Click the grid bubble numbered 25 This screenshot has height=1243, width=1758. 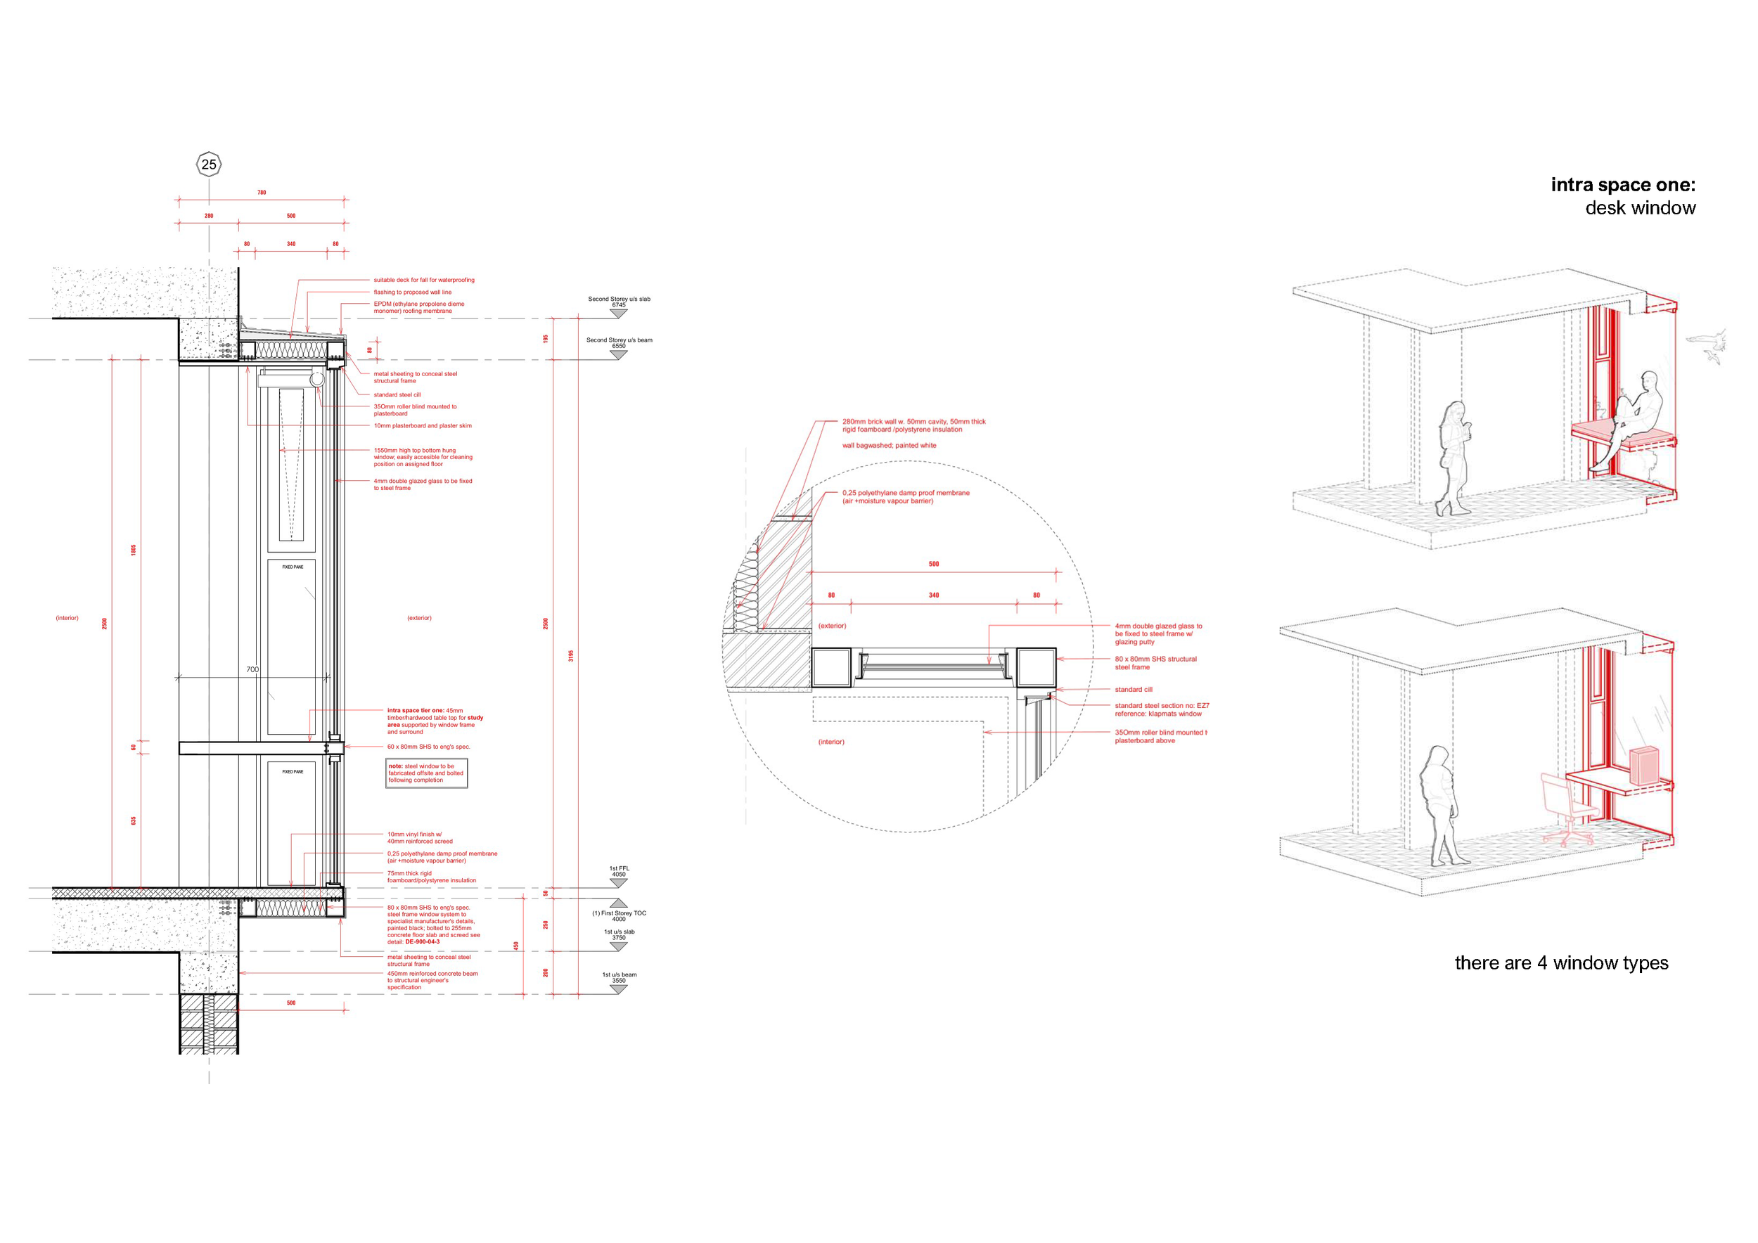click(x=208, y=164)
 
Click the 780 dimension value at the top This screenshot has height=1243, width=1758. click(x=261, y=193)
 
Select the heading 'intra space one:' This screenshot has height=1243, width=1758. click(x=1622, y=184)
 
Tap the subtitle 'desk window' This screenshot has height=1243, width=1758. click(x=1640, y=208)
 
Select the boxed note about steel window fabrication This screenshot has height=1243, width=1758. click(x=426, y=773)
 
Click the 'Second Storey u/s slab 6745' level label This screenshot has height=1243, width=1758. click(x=619, y=302)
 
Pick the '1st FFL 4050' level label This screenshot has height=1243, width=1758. click(x=619, y=871)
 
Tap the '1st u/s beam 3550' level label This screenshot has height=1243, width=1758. click(x=619, y=977)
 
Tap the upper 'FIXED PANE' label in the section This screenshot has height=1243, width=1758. click(x=293, y=567)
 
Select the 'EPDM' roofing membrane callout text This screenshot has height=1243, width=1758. click(x=419, y=308)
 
